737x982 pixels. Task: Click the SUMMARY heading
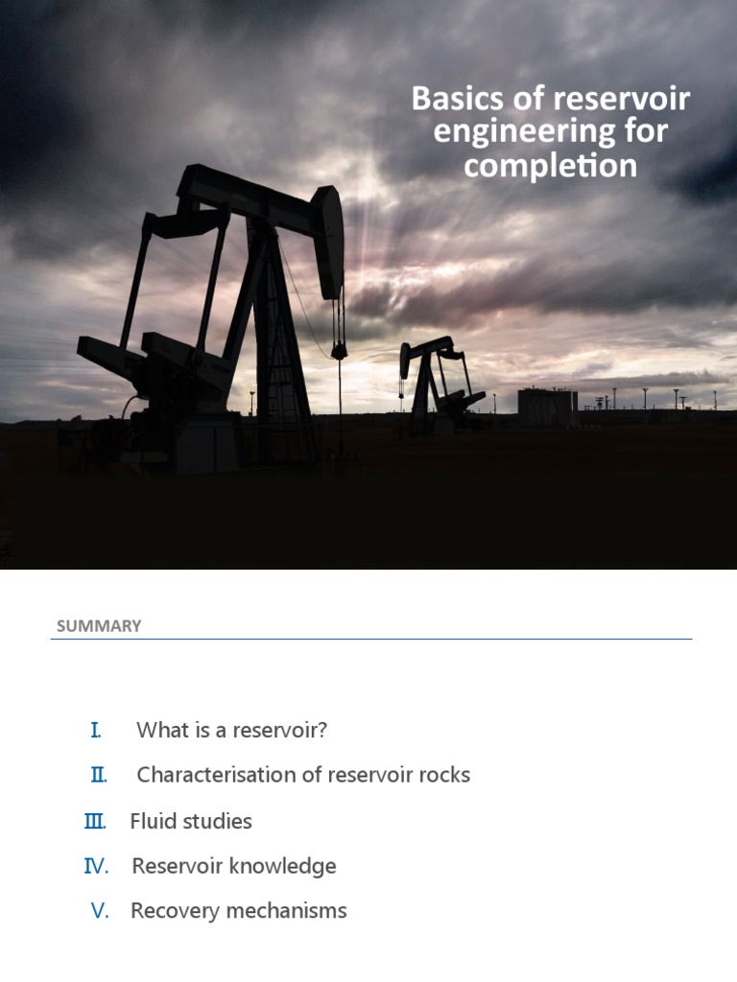[99, 626]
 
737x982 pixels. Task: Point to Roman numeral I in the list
[96, 731]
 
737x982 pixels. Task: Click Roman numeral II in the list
[98, 775]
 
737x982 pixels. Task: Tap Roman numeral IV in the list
[97, 867]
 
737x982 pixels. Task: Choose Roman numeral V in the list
[101, 911]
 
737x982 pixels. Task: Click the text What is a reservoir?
[232, 731]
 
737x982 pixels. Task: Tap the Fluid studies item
[191, 822]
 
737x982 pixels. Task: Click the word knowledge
[285, 867]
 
